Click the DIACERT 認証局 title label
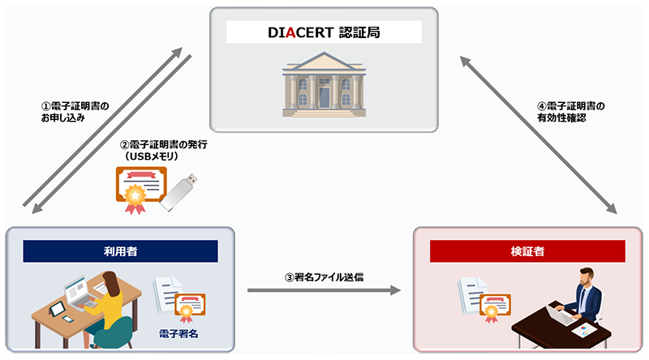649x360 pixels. [324, 32]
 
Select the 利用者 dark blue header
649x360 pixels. [120, 251]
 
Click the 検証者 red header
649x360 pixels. [528, 251]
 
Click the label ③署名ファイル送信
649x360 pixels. [324, 276]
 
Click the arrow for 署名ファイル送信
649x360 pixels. [324, 289]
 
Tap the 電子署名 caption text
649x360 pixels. [178, 332]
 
